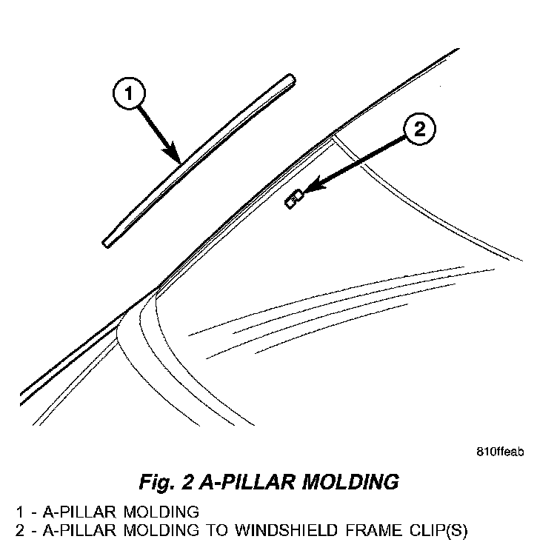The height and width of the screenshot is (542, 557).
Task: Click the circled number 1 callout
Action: [128, 93]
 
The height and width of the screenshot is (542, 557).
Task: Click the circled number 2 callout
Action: [419, 131]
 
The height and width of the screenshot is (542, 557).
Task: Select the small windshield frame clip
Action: [293, 199]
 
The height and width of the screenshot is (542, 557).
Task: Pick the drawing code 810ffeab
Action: [500, 452]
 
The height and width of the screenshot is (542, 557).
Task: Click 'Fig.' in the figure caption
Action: [154, 482]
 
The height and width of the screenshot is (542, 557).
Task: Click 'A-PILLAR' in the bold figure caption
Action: [241, 482]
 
